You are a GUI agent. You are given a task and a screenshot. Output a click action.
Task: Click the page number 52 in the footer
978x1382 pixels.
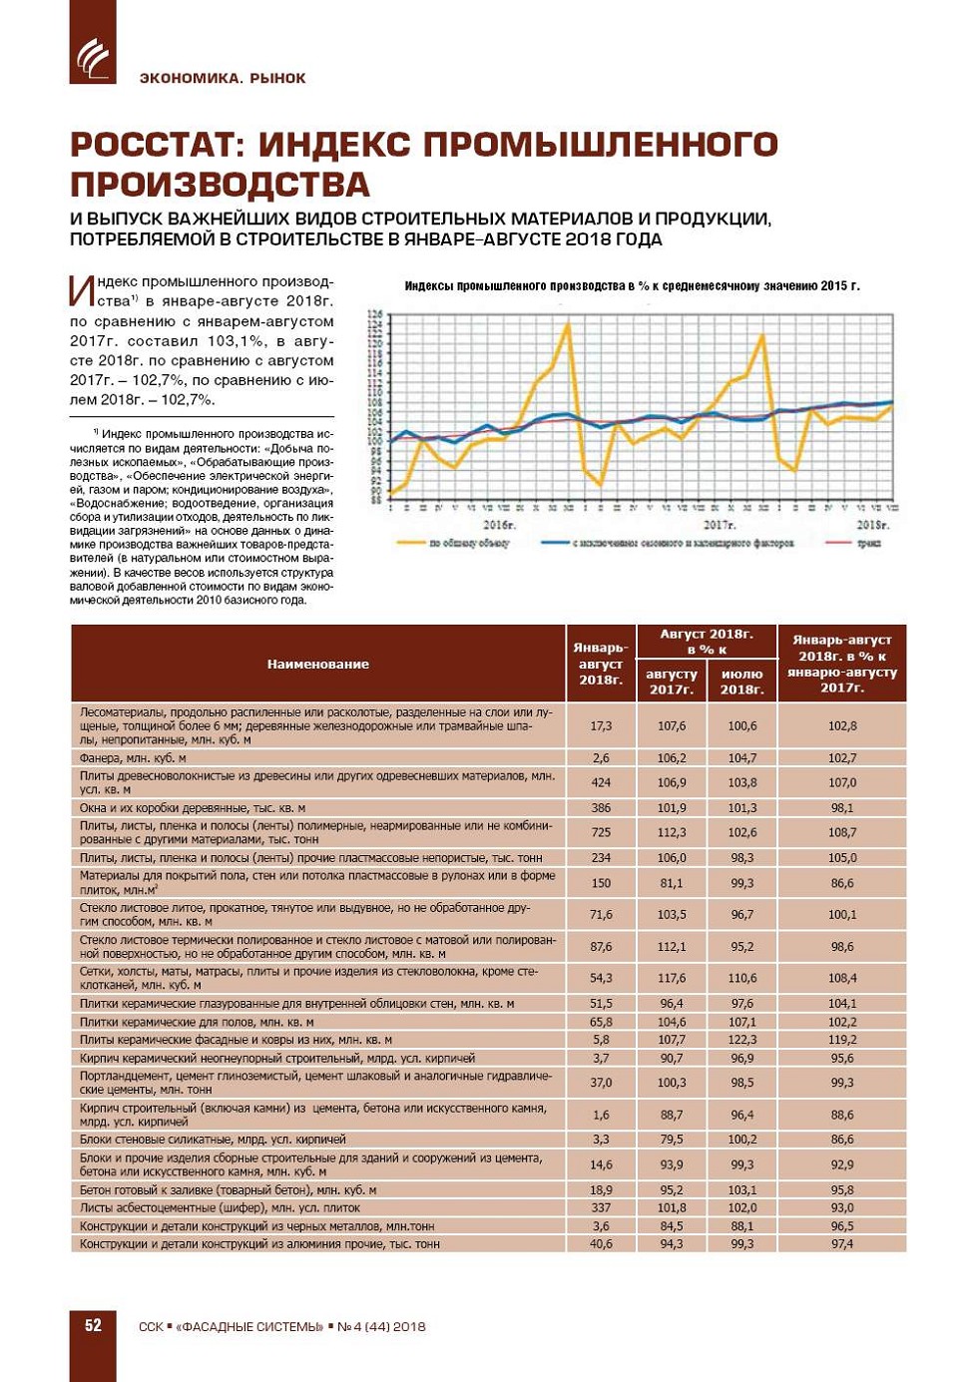[x=93, y=1325]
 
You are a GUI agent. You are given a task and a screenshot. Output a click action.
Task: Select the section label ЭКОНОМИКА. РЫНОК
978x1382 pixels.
[x=223, y=78]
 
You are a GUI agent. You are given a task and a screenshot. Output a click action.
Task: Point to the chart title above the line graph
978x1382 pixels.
[x=632, y=285]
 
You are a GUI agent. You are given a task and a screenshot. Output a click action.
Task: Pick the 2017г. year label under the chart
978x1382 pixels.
[x=719, y=525]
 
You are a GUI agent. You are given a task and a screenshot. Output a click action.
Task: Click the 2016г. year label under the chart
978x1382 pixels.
[x=499, y=525]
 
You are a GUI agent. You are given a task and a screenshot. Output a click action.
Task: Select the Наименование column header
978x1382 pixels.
[x=317, y=664]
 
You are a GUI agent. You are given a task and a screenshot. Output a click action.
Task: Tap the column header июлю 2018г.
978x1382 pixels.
[x=741, y=682]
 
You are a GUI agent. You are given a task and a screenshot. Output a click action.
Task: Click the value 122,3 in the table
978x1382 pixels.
[x=741, y=1040]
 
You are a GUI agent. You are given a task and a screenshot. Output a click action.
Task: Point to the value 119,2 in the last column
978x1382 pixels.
[x=841, y=1040]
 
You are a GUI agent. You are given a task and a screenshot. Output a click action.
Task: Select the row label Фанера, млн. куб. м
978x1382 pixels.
[x=133, y=758]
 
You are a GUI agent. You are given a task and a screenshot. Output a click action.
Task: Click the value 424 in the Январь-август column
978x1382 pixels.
[x=601, y=782]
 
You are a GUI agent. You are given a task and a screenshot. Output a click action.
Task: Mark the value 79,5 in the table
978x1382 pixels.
[x=671, y=1140]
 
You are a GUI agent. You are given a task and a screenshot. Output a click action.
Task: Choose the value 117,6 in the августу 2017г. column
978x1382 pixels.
[x=671, y=979]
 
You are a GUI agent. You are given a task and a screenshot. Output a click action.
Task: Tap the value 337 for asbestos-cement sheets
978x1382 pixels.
[x=601, y=1208]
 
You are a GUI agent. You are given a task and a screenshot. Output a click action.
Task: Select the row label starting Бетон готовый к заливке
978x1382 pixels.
[x=228, y=1190]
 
